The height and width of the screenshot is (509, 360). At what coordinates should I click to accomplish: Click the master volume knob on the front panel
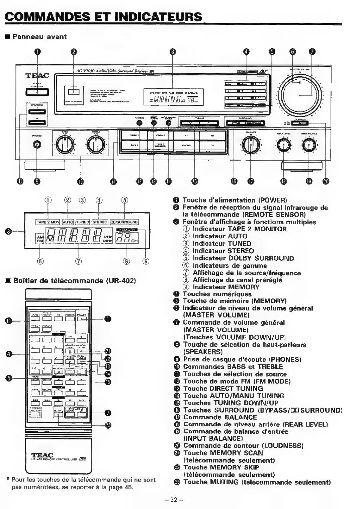click(300, 95)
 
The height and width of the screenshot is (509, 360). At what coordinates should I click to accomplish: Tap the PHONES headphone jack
click(37, 145)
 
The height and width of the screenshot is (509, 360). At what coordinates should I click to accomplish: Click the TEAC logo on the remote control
click(42, 455)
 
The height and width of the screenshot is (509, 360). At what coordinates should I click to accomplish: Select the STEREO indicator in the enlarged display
click(100, 222)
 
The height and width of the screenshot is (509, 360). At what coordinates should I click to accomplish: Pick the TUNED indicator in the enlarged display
click(83, 222)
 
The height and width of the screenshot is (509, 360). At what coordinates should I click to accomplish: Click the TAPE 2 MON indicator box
click(48, 222)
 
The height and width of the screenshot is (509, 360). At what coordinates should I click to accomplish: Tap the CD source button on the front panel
click(212, 145)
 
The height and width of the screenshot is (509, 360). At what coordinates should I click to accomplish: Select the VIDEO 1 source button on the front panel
click(133, 136)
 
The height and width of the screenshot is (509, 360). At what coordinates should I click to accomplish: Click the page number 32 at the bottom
click(174, 500)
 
